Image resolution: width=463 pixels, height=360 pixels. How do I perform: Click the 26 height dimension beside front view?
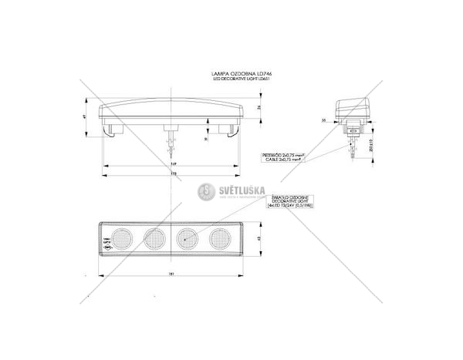[x=259, y=106]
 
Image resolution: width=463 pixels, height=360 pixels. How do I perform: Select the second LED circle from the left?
[x=154, y=238]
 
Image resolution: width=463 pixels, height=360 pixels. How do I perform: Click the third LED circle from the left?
[x=188, y=238]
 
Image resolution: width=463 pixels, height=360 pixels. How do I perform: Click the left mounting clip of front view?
[x=113, y=130]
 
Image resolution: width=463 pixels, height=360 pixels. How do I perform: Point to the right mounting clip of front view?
[x=230, y=130]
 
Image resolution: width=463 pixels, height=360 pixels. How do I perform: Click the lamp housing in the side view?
[x=353, y=108]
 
